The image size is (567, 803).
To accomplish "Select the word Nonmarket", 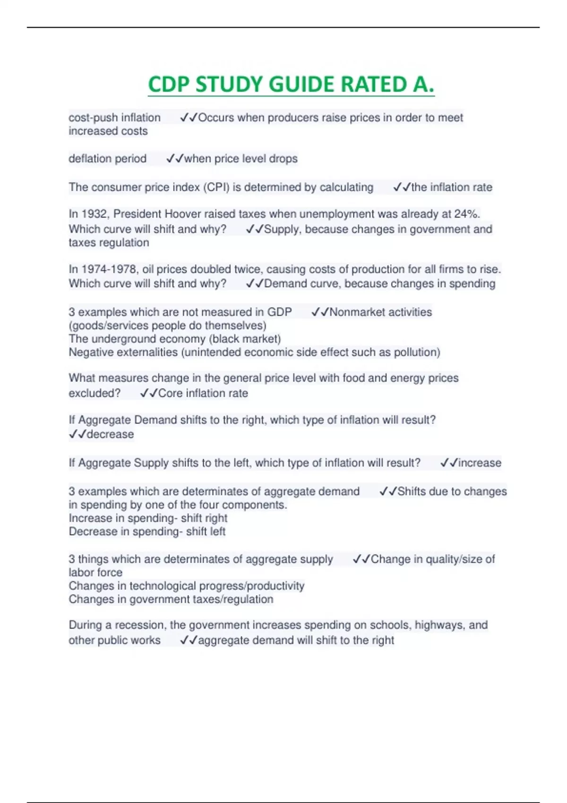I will tap(355, 312).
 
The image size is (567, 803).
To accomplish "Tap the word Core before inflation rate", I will tap(171, 393).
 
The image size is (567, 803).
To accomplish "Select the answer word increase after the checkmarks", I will tap(480, 463).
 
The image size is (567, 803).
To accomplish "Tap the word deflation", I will tap(90, 159).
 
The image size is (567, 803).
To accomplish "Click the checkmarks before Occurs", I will tap(189, 118).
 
